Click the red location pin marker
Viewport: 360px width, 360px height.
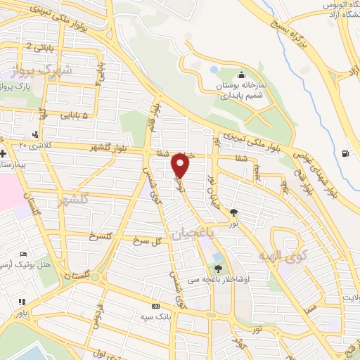click(x=181, y=167)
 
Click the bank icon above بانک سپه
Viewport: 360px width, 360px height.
click(x=156, y=307)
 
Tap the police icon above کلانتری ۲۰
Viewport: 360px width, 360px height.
click(x=36, y=134)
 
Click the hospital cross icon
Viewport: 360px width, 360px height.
click(x=4, y=153)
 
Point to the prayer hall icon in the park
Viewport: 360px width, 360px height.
click(x=242, y=75)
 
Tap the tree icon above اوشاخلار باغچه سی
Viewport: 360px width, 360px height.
click(x=219, y=269)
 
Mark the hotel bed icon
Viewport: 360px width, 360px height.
click(x=24, y=254)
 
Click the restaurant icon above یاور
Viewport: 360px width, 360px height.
click(x=20, y=301)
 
